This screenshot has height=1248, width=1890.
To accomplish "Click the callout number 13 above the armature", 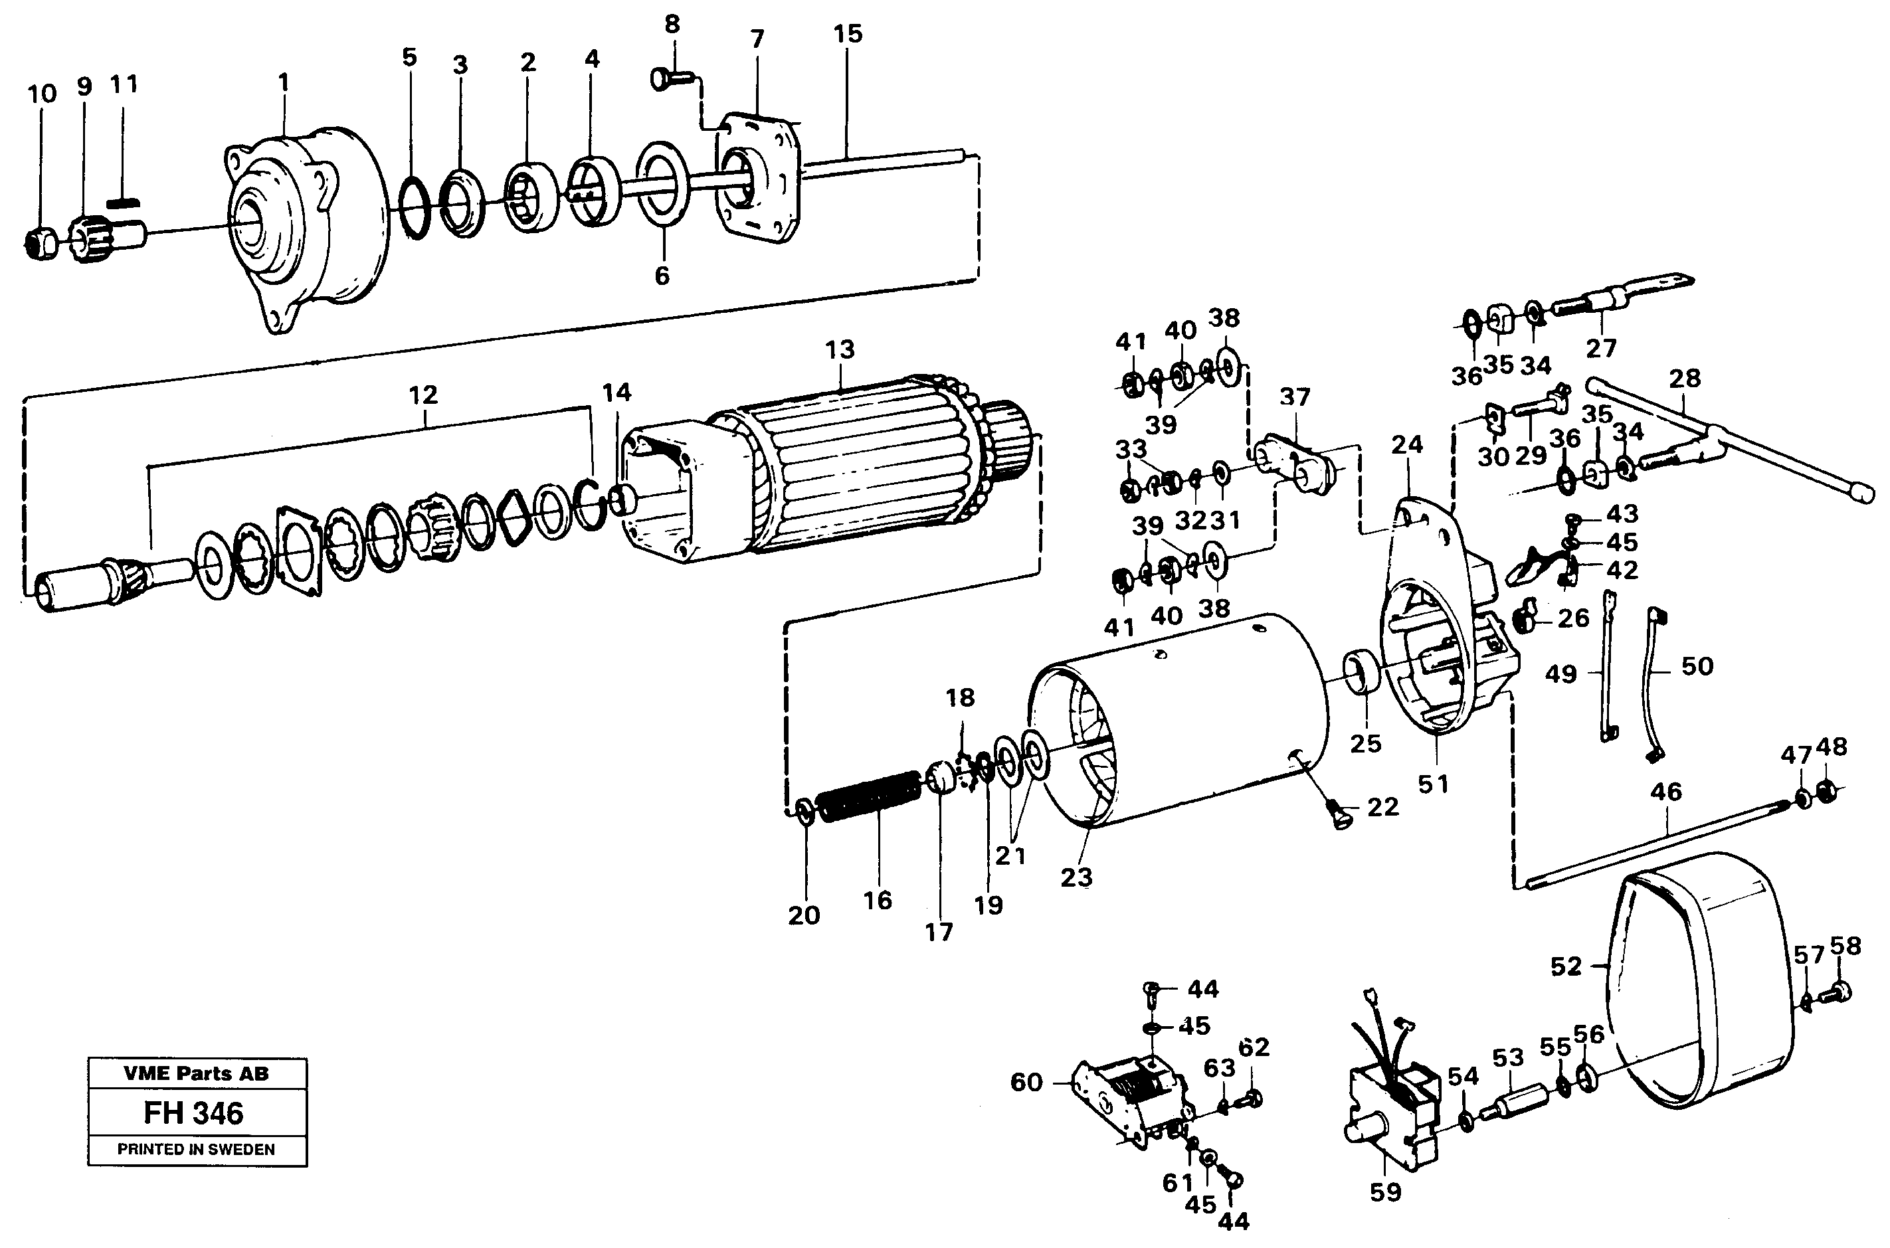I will click(x=840, y=349).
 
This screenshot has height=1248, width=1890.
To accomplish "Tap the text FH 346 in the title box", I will click(x=193, y=1113).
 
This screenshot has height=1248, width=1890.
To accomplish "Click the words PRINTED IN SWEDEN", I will click(x=196, y=1149).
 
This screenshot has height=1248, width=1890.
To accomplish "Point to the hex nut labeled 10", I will click(x=40, y=242).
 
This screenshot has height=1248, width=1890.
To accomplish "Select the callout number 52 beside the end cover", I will click(x=1566, y=966).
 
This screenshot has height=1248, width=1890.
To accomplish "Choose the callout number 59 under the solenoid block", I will click(x=1384, y=1192).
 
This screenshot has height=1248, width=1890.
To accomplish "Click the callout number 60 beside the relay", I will click(x=1026, y=1083).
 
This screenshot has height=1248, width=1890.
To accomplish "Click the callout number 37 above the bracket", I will click(x=1295, y=397).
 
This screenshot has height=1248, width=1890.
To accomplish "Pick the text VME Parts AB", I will click(x=196, y=1073).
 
